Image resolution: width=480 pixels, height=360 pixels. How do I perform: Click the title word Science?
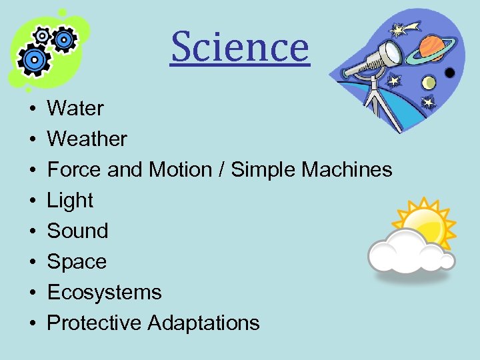tap(240, 48)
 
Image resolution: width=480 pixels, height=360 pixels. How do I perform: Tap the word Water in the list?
tap(75, 108)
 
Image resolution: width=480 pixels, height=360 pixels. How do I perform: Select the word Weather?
tap(87, 139)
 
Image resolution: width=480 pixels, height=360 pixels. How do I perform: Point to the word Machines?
tap(347, 169)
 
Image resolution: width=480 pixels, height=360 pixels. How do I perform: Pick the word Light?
tap(70, 200)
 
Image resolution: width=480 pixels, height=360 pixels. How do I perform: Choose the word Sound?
tap(77, 231)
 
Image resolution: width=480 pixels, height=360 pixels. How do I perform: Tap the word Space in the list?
tap(77, 261)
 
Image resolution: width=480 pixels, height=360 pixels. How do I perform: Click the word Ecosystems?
tap(104, 292)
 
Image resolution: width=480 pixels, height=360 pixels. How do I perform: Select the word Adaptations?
tap(203, 323)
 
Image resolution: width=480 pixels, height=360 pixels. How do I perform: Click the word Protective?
tap(95, 323)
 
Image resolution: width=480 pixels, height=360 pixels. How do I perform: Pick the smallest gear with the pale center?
tap(41, 36)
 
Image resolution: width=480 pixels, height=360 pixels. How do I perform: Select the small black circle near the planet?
tap(451, 72)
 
